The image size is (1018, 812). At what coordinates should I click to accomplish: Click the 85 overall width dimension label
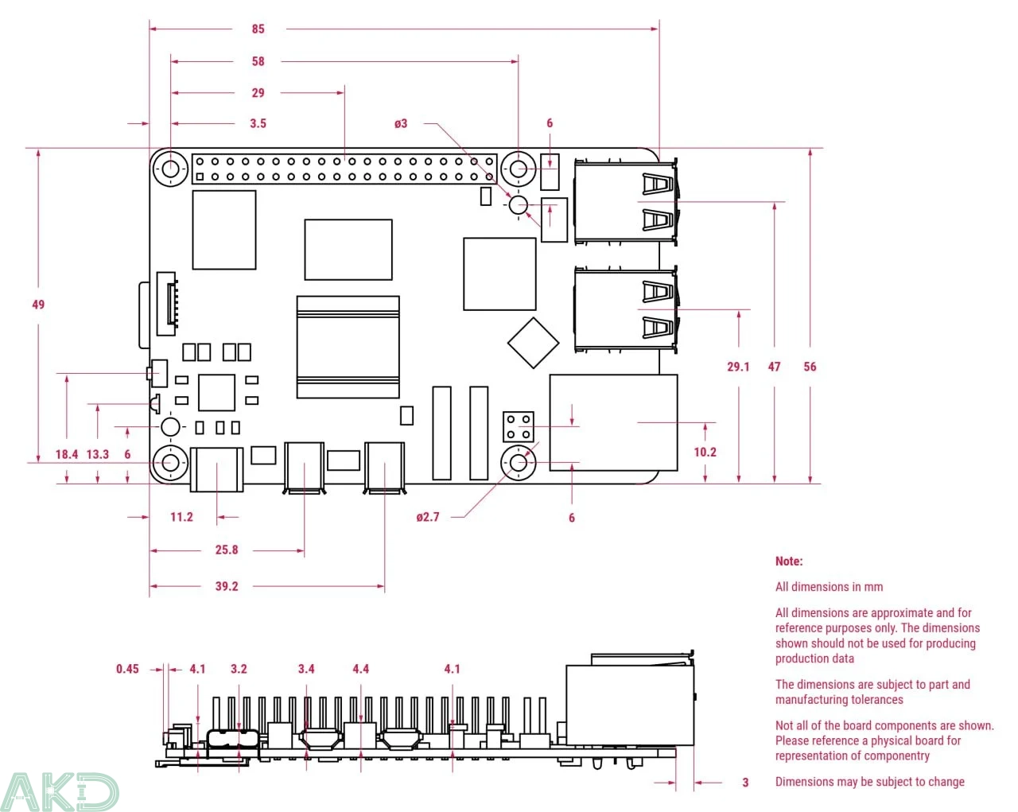click(x=258, y=29)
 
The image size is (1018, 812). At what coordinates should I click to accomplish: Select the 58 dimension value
click(x=258, y=61)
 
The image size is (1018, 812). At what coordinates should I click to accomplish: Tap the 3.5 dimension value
click(x=258, y=123)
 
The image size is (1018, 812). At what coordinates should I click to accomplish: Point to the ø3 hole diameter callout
click(x=401, y=123)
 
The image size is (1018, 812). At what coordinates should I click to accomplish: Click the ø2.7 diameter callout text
click(x=427, y=517)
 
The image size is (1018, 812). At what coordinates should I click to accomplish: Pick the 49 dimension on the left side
click(x=38, y=305)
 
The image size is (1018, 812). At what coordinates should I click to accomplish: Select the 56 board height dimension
click(x=810, y=367)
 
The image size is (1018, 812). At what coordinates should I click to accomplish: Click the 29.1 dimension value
click(x=738, y=367)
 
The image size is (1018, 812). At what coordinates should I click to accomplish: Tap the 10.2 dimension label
click(x=705, y=452)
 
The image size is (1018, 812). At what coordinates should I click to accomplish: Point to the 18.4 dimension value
click(x=67, y=454)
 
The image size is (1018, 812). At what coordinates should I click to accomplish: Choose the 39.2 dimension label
click(x=227, y=586)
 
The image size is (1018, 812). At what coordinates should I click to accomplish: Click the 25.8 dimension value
click(x=227, y=550)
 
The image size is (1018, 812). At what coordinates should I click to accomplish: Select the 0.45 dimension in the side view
click(x=127, y=669)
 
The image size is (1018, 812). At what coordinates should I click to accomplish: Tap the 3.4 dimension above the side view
click(x=306, y=669)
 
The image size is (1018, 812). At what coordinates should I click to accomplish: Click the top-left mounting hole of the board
click(x=171, y=169)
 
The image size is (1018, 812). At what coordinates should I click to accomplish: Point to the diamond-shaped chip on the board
click(x=533, y=342)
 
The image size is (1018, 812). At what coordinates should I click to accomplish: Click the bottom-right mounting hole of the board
click(x=519, y=462)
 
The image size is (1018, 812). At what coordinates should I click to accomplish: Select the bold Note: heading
click(x=789, y=561)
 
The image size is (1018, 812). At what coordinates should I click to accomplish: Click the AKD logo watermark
click(x=59, y=791)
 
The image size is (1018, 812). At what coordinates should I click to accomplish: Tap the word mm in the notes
click(x=873, y=587)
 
